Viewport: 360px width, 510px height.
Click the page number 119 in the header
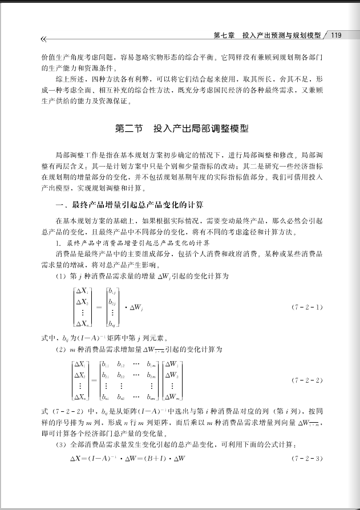pos(335,35)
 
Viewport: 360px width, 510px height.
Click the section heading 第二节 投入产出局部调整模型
pos(182,129)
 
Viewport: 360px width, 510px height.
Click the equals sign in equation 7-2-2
pos(93,381)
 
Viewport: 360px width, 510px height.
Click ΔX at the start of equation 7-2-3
pos(75,459)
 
